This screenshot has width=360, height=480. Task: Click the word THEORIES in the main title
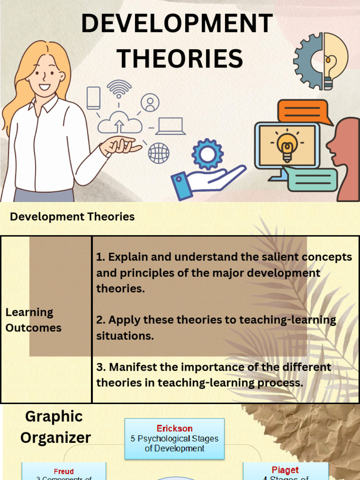pyautogui.click(x=180, y=59)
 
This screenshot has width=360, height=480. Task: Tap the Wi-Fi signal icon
pyautogui.click(x=119, y=88)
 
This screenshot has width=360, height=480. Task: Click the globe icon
pyautogui.click(x=158, y=153)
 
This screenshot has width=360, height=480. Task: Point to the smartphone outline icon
pyautogui.click(x=94, y=98)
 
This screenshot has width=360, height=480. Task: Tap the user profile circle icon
pyautogui.click(x=150, y=103)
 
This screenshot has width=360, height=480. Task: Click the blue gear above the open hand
pyautogui.click(x=208, y=154)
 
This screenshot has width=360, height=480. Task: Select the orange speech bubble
pyautogui.click(x=302, y=112)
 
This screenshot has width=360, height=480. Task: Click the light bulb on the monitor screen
pyautogui.click(x=287, y=145)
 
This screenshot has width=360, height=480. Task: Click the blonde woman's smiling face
pyautogui.click(x=45, y=75)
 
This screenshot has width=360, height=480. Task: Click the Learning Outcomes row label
pyautogui.click(x=33, y=320)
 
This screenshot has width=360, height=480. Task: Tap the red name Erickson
pyautogui.click(x=174, y=428)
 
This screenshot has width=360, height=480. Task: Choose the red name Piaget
pyautogui.click(x=285, y=470)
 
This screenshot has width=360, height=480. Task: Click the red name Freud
pyautogui.click(x=64, y=472)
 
